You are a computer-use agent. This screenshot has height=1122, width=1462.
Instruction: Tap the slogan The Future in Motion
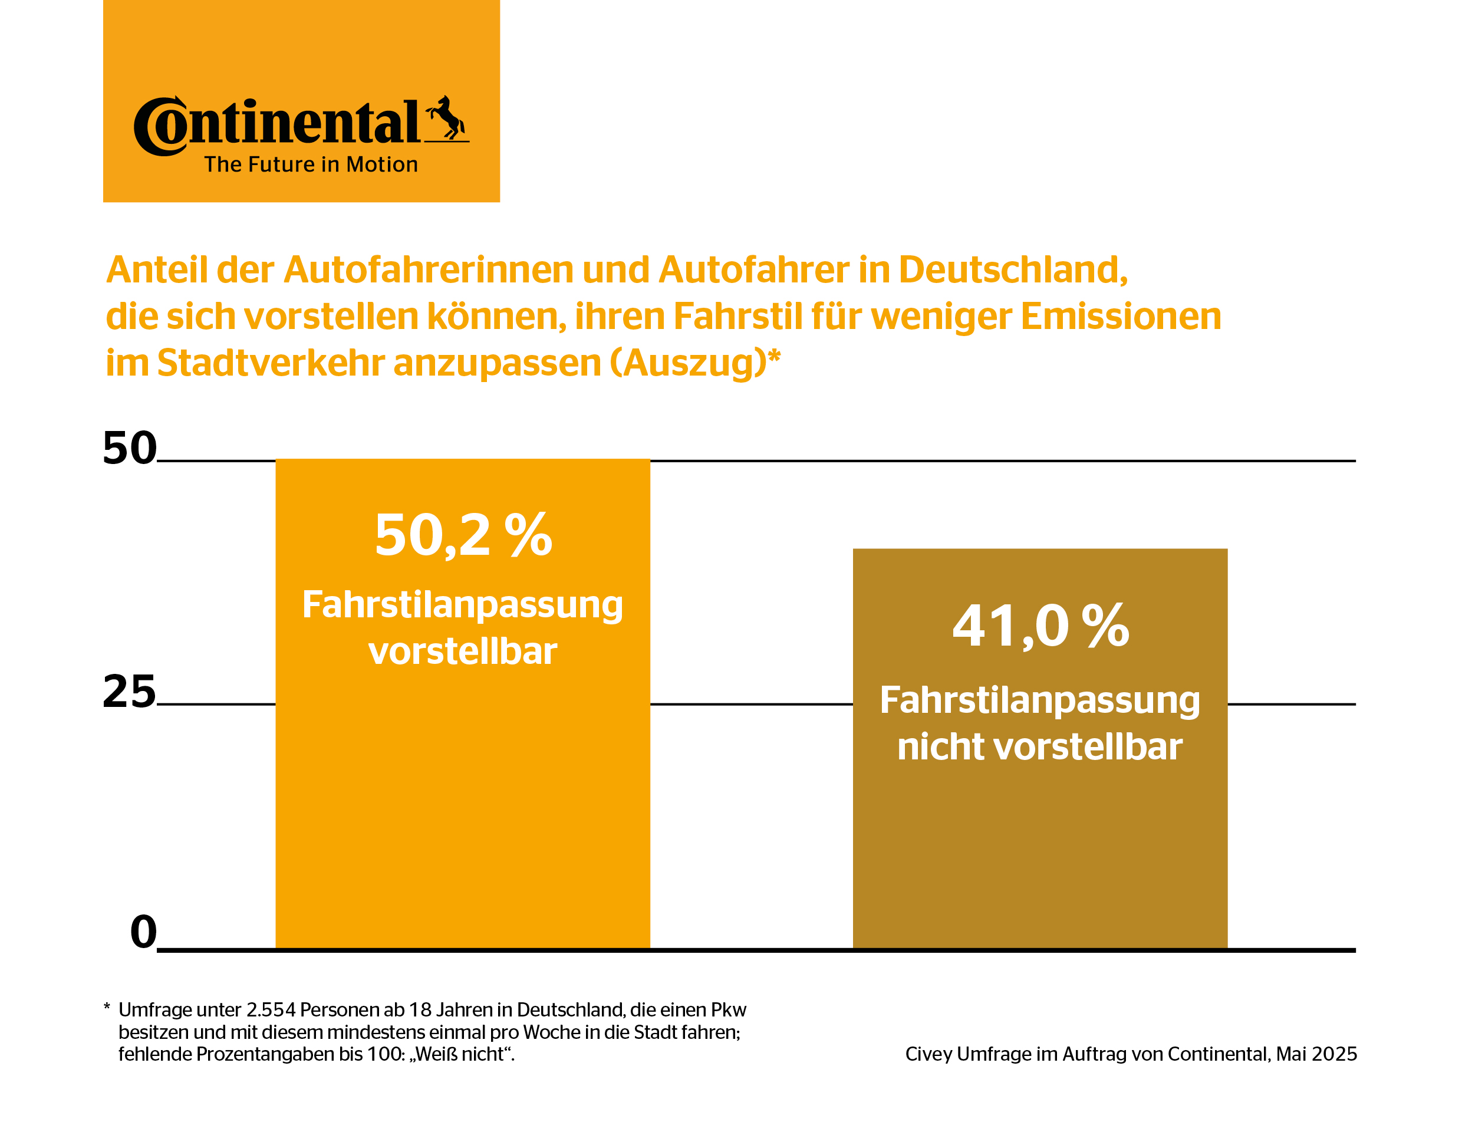coord(311,164)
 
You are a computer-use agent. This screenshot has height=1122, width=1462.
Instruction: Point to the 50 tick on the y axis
coord(130,448)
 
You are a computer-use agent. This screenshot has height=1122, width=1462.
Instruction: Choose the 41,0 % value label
coord(1039,627)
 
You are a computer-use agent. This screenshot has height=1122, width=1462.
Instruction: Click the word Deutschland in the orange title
coord(1012,271)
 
